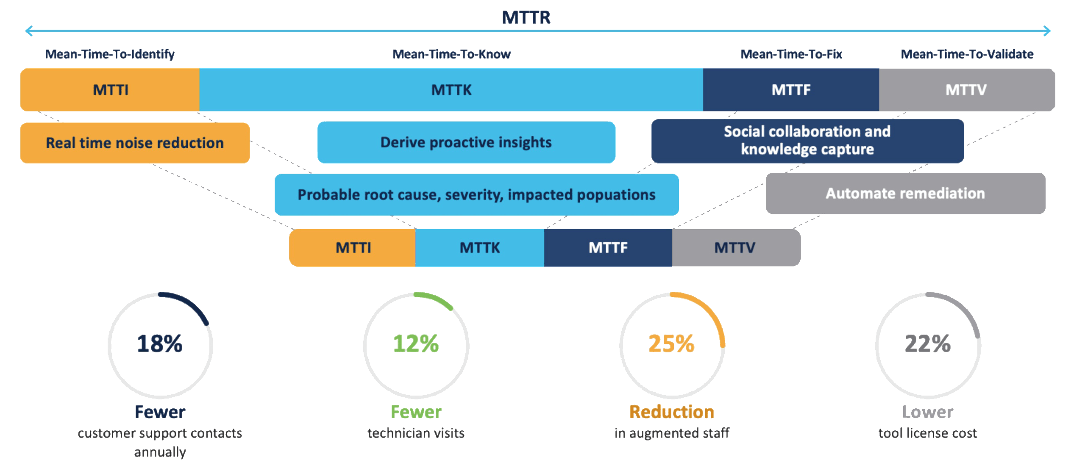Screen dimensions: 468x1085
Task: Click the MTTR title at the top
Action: point(526,18)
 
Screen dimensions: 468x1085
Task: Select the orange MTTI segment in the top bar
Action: point(110,90)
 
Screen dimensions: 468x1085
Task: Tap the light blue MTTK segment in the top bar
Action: point(451,90)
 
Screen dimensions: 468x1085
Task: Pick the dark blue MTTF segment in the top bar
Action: point(791,90)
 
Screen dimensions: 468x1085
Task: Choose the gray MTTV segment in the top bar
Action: point(966,90)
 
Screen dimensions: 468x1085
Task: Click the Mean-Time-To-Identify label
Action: point(110,54)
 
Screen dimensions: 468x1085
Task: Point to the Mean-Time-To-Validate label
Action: point(967,54)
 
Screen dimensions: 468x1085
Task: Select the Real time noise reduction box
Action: point(135,143)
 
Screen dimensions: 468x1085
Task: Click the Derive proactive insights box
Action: point(466,142)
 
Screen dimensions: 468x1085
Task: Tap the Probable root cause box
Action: point(476,194)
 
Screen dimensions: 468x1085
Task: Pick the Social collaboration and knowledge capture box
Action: point(807,141)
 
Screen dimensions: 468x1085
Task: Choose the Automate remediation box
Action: point(905,193)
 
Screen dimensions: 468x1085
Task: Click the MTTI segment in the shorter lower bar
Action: point(353,248)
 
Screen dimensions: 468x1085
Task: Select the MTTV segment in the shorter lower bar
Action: point(735,248)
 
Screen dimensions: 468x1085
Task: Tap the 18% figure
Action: point(160,343)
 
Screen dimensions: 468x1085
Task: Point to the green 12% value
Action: point(416,343)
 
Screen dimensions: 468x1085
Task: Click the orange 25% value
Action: point(672,343)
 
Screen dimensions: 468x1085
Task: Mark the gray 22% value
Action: point(928,343)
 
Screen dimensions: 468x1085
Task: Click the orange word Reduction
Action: point(672,412)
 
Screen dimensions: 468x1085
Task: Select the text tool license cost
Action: point(928,433)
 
